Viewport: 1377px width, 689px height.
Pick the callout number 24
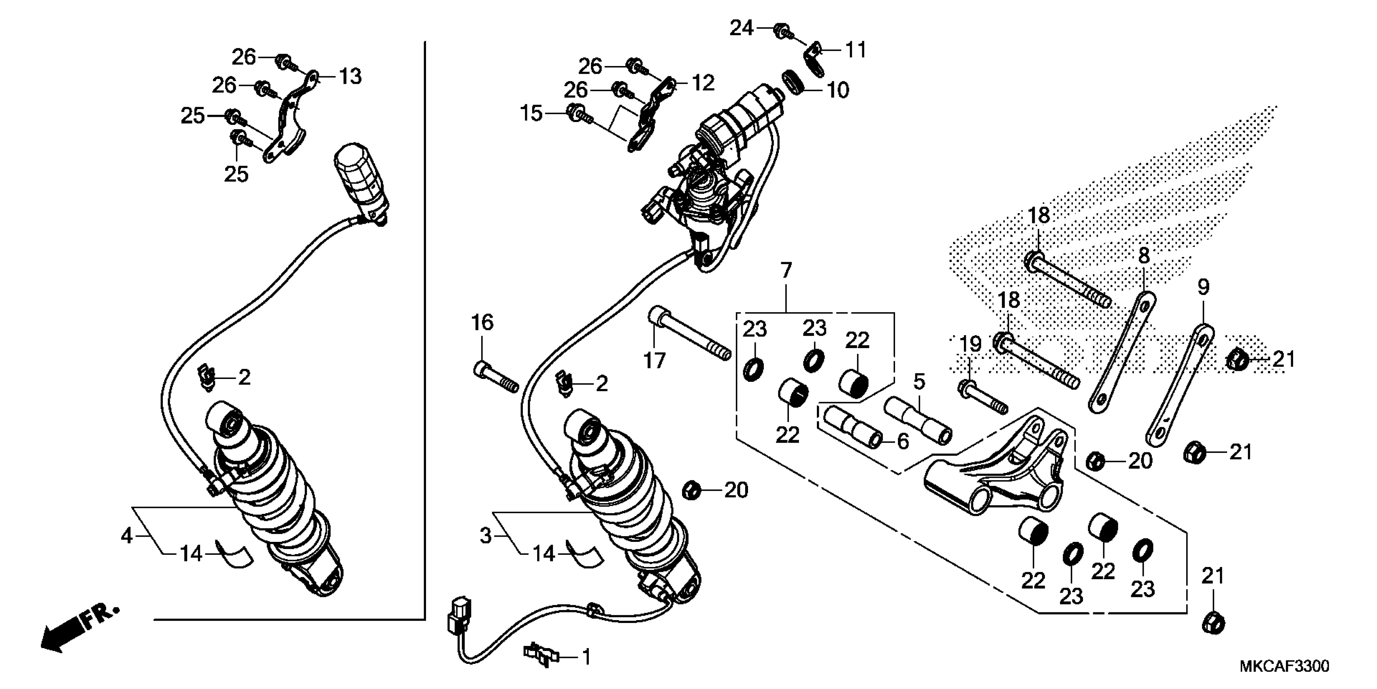[x=742, y=28]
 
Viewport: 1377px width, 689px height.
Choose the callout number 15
[x=531, y=113]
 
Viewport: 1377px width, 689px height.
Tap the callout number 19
[x=970, y=344]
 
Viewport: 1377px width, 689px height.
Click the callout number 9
[x=1203, y=288]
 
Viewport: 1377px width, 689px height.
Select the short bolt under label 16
[x=496, y=377]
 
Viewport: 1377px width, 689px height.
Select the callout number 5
[x=919, y=381]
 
